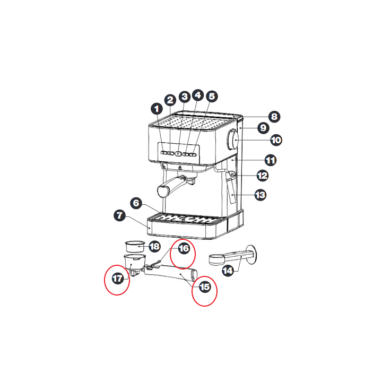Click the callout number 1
pyautogui.click(x=157, y=109)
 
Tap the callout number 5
pyautogui.click(x=212, y=96)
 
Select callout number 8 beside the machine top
pyautogui.click(x=274, y=116)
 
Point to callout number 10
pyautogui.click(x=276, y=140)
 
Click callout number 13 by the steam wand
pyautogui.click(x=260, y=195)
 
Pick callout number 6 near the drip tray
pyautogui.click(x=136, y=203)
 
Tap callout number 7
pyautogui.click(x=119, y=215)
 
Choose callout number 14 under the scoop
pyautogui.click(x=228, y=271)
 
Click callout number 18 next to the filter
pyautogui.click(x=154, y=246)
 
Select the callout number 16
pyautogui.click(x=184, y=248)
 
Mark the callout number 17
pyautogui.click(x=118, y=278)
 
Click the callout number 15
pyautogui.click(x=205, y=286)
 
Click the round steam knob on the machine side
pyautogui.click(x=233, y=140)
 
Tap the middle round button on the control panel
pyautogui.click(x=178, y=154)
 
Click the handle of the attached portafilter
pyautogui.click(x=169, y=187)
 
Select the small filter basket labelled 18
pyautogui.click(x=135, y=247)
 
